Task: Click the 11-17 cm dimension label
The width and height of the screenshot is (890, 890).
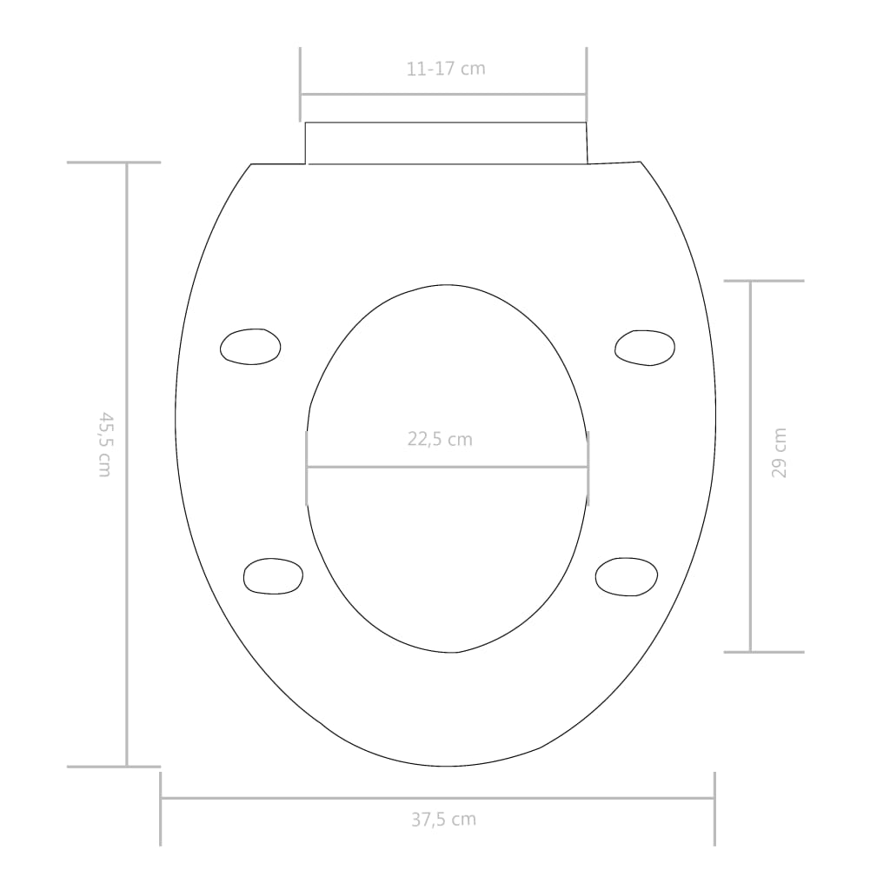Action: (x=445, y=69)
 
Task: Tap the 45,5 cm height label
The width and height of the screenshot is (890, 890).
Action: (x=104, y=444)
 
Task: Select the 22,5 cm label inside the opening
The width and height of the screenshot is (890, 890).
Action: (x=440, y=439)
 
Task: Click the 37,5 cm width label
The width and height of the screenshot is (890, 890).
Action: (x=442, y=819)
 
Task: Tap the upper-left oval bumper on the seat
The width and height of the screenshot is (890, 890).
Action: (x=250, y=346)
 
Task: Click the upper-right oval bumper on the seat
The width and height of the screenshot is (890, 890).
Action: (x=645, y=347)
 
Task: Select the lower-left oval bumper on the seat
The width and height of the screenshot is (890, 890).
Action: (x=273, y=576)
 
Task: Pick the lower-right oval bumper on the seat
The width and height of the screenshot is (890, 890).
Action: (x=627, y=576)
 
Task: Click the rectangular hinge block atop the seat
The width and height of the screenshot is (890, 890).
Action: (x=446, y=143)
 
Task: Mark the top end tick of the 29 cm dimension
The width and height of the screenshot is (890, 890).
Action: (x=764, y=281)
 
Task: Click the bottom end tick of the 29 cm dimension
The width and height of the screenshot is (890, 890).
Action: (x=764, y=652)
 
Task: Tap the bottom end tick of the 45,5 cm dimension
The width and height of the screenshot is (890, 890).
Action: (x=114, y=767)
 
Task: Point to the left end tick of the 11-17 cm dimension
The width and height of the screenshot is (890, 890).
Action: (x=301, y=83)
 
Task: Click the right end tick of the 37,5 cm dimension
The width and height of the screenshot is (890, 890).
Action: (x=714, y=808)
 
